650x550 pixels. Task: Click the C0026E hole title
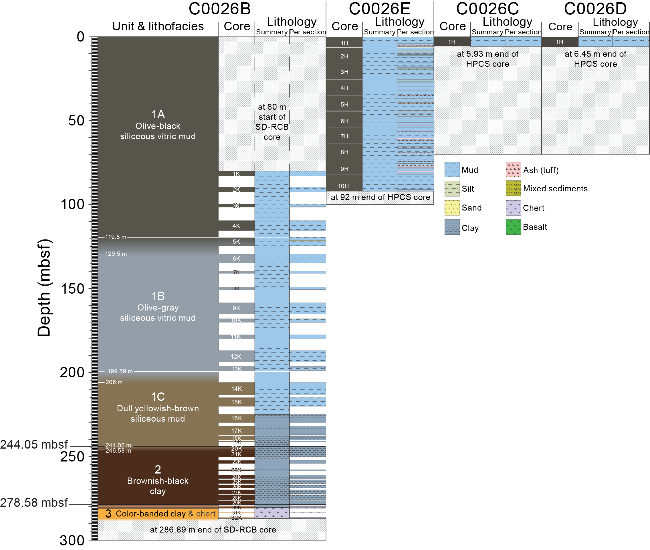(379, 9)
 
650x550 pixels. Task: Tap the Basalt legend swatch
(513, 227)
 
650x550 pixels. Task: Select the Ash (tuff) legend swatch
(513, 170)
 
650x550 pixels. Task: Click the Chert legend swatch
(513, 208)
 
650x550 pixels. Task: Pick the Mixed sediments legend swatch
(513, 188)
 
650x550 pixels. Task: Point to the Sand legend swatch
(452, 208)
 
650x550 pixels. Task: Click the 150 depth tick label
(72, 289)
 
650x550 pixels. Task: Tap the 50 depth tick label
(76, 121)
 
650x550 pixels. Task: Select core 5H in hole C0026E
(344, 105)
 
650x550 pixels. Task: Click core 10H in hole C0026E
(344, 186)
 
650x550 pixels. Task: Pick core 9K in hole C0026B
(236, 308)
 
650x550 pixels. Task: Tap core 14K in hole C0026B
(236, 388)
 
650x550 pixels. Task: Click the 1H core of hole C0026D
(559, 42)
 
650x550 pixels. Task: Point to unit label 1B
(158, 296)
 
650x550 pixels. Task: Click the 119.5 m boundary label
(116, 237)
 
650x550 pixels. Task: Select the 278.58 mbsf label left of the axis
(34, 503)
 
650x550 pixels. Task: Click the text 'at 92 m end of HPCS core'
(380, 197)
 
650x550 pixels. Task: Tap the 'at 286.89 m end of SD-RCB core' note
(213, 530)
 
